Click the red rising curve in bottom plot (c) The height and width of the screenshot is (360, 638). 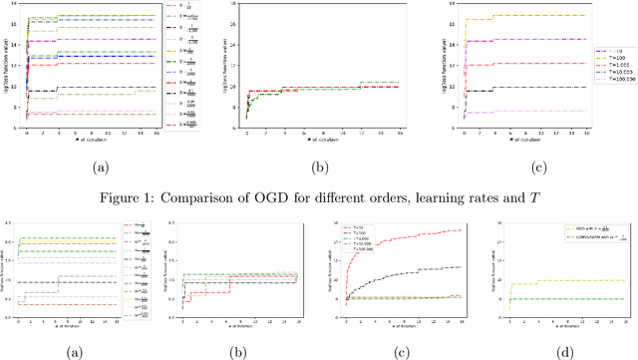pos(399,244)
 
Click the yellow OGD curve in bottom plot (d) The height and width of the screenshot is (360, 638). pos(568,280)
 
